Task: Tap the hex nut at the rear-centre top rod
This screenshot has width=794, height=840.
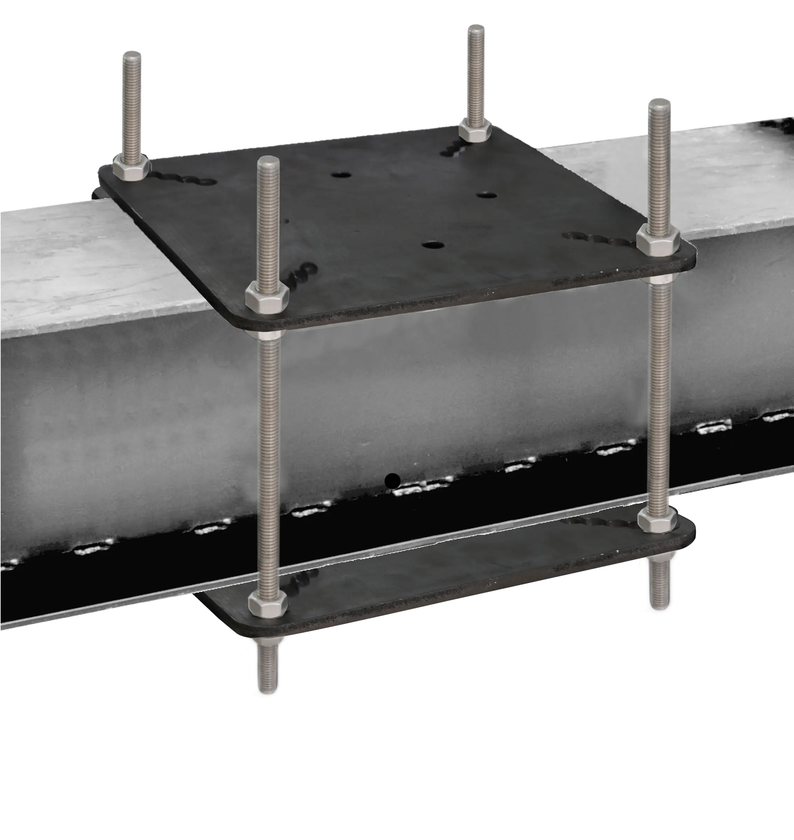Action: tap(475, 130)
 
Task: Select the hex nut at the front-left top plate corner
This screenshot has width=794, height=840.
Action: tap(267, 298)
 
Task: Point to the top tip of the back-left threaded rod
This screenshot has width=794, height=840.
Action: tap(132, 55)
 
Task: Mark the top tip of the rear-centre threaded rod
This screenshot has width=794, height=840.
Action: tap(475, 28)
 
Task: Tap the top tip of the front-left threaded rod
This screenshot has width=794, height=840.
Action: tap(268, 161)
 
